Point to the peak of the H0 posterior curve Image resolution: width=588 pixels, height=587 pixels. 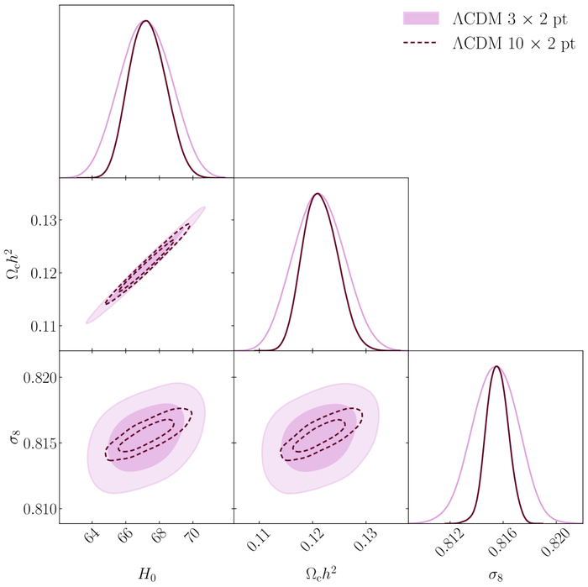146,20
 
